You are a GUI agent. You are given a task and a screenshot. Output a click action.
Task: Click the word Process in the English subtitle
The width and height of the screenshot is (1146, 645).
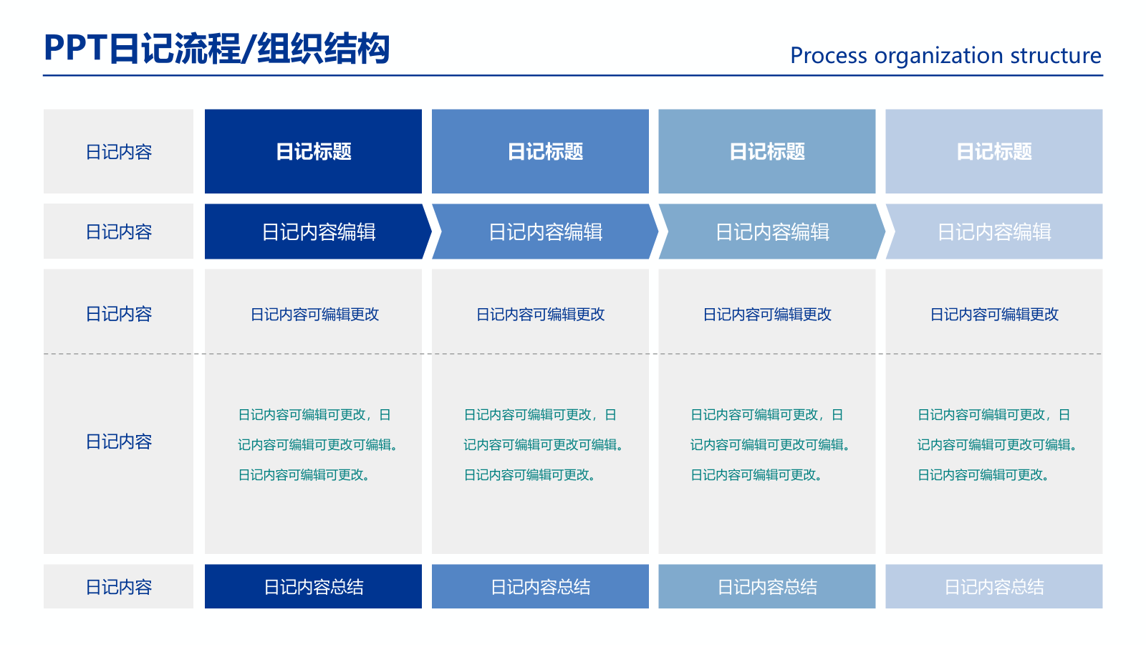[829, 56]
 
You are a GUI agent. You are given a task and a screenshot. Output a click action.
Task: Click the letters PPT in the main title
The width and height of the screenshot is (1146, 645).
[75, 49]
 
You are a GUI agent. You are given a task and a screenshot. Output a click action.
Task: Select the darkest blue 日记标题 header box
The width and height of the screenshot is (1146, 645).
[313, 151]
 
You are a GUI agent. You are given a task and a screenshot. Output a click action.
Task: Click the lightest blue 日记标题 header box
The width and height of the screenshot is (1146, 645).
[993, 151]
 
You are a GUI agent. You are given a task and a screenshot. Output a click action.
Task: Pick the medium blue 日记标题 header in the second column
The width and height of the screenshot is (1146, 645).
[540, 151]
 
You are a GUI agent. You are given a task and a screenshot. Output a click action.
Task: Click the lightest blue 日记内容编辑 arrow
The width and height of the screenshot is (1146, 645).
[994, 231]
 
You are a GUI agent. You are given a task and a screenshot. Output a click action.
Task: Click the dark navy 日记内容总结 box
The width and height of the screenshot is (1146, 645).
[313, 587]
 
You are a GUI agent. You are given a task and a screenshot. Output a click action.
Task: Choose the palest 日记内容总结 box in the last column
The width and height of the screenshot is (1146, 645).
[993, 587]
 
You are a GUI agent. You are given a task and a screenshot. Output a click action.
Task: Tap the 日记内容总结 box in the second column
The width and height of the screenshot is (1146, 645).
[540, 587]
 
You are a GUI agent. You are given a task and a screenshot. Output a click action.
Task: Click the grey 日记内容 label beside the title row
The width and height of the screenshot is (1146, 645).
[119, 152]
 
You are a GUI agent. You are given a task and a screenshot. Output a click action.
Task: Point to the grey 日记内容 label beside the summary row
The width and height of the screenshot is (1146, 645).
[119, 587]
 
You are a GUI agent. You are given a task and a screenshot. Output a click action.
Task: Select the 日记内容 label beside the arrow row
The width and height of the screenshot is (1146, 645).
[119, 231]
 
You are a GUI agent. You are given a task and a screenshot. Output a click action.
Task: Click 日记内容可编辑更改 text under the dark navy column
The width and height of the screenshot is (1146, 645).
[314, 314]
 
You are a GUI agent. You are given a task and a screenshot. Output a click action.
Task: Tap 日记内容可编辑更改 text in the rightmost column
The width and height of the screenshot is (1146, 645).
[994, 314]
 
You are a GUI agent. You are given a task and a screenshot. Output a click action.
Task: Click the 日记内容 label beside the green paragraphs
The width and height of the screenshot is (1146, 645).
[119, 441]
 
